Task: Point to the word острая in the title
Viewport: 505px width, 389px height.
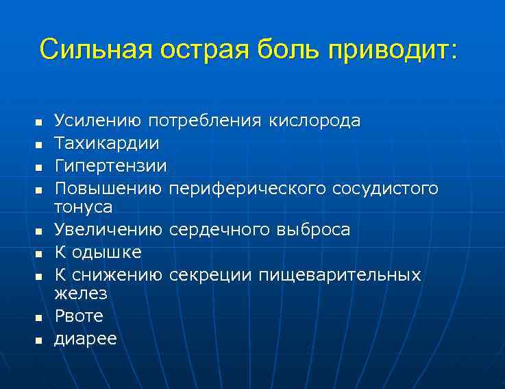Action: click(x=209, y=50)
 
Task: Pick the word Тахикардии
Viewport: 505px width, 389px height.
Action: click(x=107, y=144)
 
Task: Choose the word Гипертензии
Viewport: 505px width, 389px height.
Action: click(x=110, y=167)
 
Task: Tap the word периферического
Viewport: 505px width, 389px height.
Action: click(x=247, y=188)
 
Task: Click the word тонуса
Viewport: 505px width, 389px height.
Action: click(x=84, y=207)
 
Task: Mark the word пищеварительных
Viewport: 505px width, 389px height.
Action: click(x=339, y=275)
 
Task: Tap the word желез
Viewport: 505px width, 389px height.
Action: click(x=81, y=294)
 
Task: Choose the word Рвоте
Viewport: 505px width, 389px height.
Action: click(x=79, y=316)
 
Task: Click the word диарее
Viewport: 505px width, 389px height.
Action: click(x=86, y=339)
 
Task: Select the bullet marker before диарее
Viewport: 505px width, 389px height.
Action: click(x=39, y=340)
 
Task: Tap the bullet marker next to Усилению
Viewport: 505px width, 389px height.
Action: click(x=39, y=123)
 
